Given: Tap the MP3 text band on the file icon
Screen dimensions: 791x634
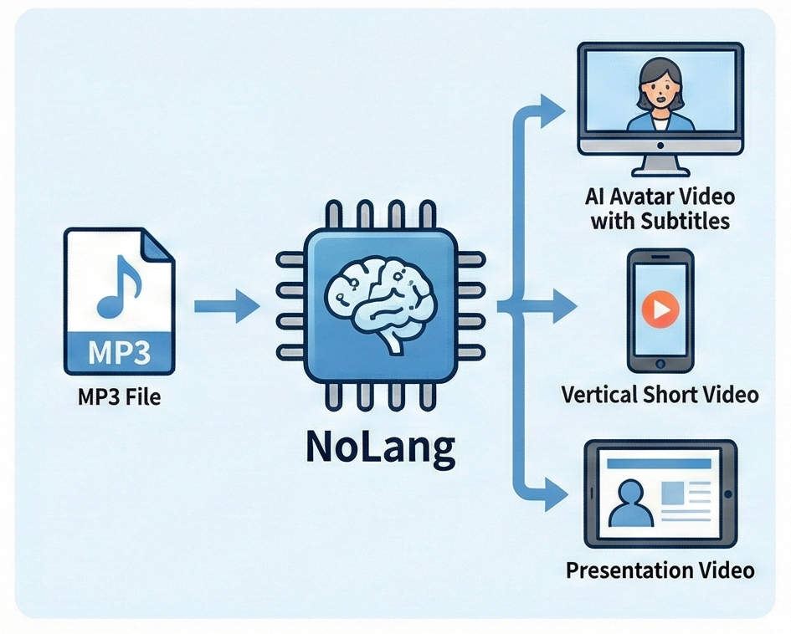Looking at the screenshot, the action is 119,352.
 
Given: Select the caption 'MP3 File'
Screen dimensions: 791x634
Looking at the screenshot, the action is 119,397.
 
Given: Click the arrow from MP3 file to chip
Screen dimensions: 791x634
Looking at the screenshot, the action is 227,305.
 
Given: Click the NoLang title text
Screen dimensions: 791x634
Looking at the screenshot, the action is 380,447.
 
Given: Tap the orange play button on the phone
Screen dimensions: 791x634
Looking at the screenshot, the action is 660,309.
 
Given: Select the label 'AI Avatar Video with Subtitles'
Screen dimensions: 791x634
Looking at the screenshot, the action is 660,208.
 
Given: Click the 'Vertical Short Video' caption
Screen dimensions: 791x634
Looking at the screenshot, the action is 660,395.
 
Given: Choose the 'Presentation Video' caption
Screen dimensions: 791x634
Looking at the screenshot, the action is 660,571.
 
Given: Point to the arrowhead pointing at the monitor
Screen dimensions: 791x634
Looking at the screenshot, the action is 552,110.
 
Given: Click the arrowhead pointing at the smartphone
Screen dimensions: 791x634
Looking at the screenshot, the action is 564,306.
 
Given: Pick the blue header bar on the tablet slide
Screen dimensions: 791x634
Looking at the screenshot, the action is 659,463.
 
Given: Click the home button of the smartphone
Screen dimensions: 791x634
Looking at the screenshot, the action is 660,363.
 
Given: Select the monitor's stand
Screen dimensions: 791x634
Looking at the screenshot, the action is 660,164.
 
